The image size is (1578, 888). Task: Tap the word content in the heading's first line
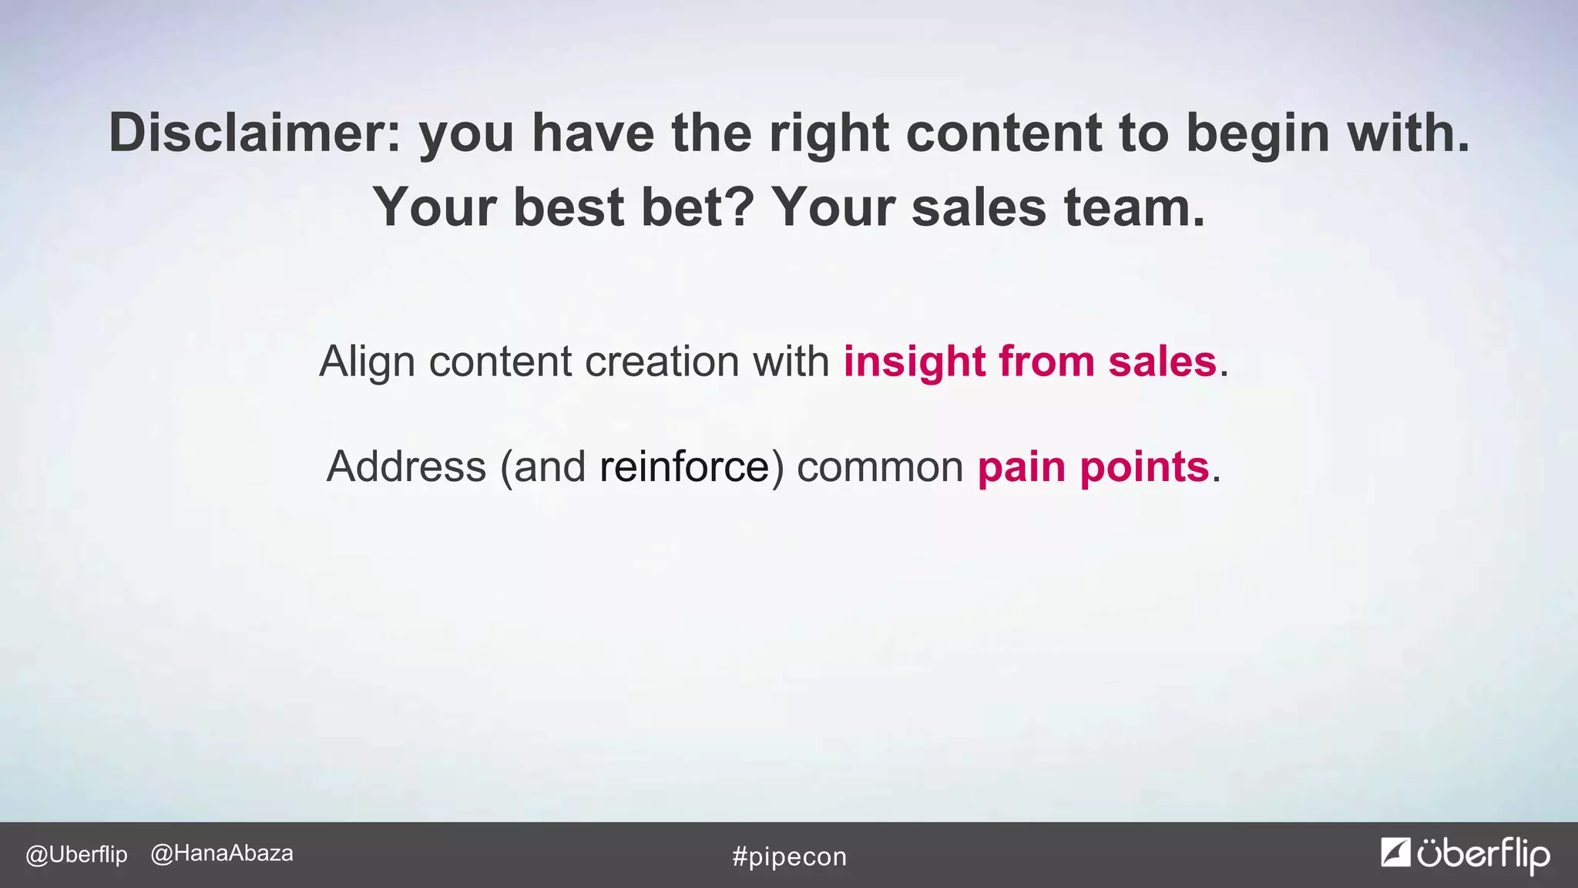click(x=1004, y=133)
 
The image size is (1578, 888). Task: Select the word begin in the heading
click(x=1257, y=133)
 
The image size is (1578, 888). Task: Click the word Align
click(x=367, y=361)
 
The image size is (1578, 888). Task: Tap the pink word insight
click(x=915, y=361)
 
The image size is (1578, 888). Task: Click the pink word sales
click(x=1162, y=361)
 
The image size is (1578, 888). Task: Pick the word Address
click(x=406, y=466)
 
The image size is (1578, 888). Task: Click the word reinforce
click(x=684, y=466)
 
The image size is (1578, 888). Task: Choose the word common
click(x=880, y=466)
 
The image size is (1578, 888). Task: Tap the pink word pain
click(x=1021, y=466)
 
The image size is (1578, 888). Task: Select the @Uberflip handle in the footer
click(x=76, y=855)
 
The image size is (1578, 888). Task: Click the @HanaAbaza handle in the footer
click(x=222, y=853)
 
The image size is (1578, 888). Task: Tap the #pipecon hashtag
click(x=789, y=856)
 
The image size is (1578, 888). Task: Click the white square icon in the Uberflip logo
click(x=1395, y=852)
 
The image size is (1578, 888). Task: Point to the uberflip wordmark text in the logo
click(x=1483, y=855)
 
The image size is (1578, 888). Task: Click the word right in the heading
click(x=829, y=133)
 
